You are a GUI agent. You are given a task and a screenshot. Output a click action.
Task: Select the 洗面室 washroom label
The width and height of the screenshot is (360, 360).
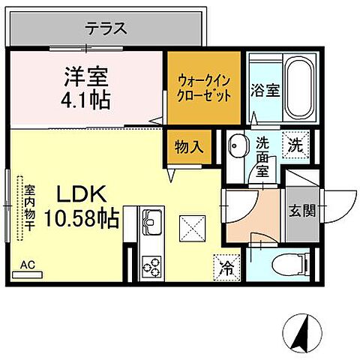coord(263,154)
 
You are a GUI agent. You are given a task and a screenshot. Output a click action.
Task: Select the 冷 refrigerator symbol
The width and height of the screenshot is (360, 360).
coord(225,265)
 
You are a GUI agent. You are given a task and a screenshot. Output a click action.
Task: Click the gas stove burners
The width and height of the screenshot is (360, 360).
coord(154,265)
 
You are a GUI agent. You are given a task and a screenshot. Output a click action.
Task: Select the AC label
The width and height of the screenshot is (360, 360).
coord(28,265)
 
